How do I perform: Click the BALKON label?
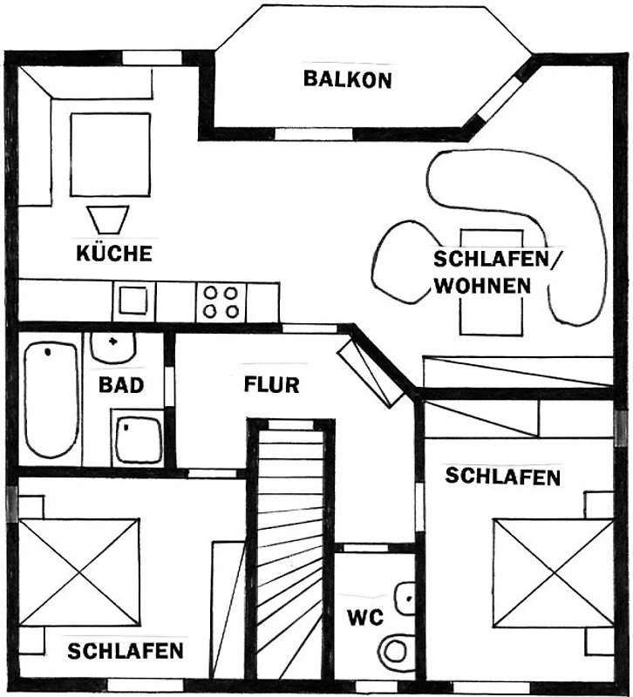coord(347,79)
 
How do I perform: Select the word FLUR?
coord(271,384)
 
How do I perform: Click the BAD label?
coord(121,385)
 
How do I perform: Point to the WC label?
coord(365,618)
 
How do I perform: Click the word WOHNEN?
coord(483,286)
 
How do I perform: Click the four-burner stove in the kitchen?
coord(221,301)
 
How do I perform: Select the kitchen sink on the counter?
coord(133,300)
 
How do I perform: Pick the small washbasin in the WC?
coord(405,599)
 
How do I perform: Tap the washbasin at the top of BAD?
coord(113,347)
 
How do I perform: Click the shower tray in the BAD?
coord(137,438)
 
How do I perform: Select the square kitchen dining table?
coord(111,155)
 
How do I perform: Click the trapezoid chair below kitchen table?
coord(108,220)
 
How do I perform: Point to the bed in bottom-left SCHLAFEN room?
coord(78,573)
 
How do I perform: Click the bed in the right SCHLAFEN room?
coord(554,573)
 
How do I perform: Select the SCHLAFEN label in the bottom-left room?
coord(126,651)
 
